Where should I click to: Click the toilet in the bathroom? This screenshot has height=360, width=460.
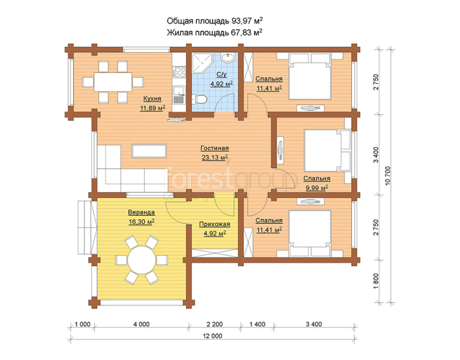tap(200, 99)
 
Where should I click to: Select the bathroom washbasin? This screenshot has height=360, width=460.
tap(227, 57)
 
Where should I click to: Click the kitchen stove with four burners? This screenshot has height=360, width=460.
tap(179, 72)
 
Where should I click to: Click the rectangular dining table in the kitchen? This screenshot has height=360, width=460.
tap(113, 82)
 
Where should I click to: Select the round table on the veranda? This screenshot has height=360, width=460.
tap(142, 260)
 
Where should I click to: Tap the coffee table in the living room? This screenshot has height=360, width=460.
tap(149, 151)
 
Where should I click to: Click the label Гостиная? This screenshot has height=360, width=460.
tap(215, 149)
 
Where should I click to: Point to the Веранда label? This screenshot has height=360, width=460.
tap(141, 212)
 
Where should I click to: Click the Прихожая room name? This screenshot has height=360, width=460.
tap(214, 225)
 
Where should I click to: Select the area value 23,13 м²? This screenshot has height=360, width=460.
tap(215, 158)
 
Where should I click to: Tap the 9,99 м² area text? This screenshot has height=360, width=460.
tap(317, 188)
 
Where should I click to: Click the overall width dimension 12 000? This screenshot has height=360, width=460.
tap(212, 336)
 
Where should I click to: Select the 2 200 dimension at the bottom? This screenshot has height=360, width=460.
tap(214, 324)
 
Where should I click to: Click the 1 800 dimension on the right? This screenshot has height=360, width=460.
tap(376, 281)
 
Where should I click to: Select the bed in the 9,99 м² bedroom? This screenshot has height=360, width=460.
tap(328, 150)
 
